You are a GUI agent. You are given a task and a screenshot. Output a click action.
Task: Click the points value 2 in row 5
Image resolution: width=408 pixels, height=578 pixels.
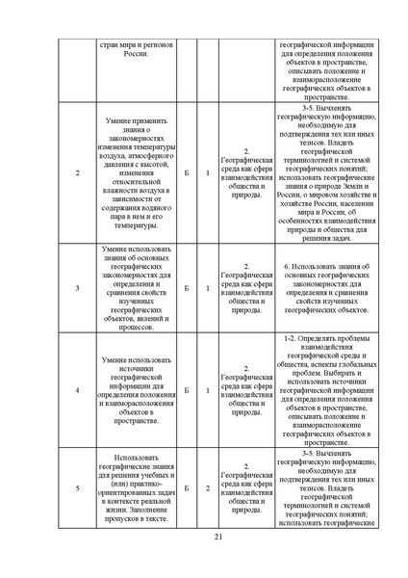208,488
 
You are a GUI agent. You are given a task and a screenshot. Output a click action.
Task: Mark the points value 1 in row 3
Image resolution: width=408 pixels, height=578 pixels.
208,288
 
